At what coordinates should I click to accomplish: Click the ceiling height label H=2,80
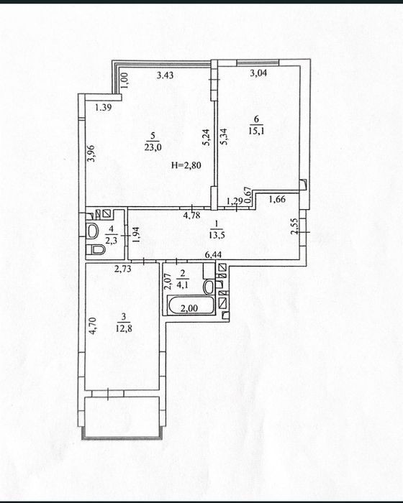pyautogui.click(x=186, y=165)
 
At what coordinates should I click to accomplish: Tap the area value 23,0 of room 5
pyautogui.click(x=153, y=147)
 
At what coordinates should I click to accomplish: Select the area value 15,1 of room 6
pyautogui.click(x=256, y=130)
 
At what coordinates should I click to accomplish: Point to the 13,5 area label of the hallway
pyautogui.click(x=217, y=235)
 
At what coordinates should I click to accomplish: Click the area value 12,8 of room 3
pyautogui.click(x=124, y=328)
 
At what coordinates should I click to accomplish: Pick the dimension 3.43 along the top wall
pyautogui.click(x=166, y=75)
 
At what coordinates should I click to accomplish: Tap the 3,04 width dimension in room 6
pyautogui.click(x=258, y=73)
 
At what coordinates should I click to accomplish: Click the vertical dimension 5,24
pyautogui.click(x=207, y=137)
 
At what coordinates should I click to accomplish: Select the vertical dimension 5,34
pyautogui.click(x=224, y=137)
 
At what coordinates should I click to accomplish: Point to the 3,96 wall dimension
pyautogui.click(x=91, y=153)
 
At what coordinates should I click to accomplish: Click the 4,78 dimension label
pyautogui.click(x=191, y=215)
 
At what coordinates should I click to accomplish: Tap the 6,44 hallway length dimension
pyautogui.click(x=214, y=255)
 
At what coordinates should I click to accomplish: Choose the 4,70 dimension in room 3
pyautogui.click(x=93, y=326)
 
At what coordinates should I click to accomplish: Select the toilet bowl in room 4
pyautogui.click(x=96, y=249)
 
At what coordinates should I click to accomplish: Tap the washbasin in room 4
pyautogui.click(x=93, y=231)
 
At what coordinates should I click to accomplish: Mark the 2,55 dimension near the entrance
pyautogui.click(x=294, y=226)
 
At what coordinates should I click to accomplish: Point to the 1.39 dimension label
pyautogui.click(x=104, y=108)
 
